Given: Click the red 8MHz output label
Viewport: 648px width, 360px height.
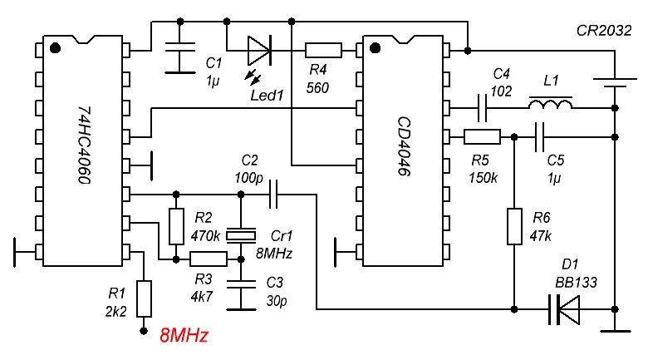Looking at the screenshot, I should [x=183, y=337].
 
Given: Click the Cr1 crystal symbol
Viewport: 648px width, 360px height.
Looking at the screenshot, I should [x=241, y=235].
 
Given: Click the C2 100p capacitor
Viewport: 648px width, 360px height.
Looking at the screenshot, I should [x=273, y=195].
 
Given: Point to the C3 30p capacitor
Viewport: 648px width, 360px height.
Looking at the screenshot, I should [x=241, y=284].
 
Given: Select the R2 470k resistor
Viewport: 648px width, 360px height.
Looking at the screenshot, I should [x=175, y=226].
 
